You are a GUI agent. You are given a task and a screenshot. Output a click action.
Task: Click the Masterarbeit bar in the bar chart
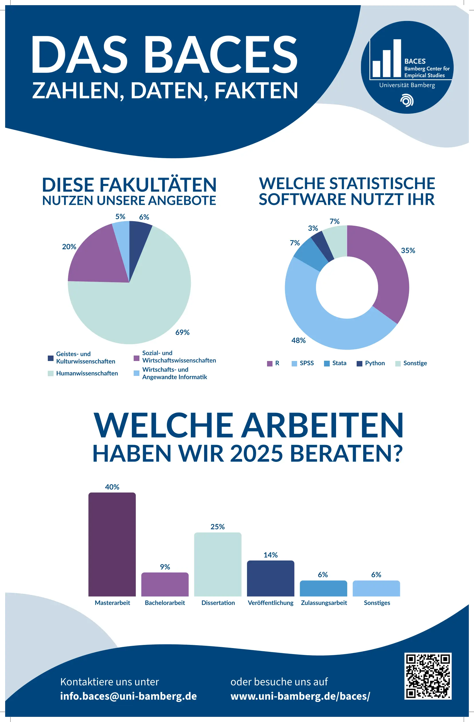(x=112, y=544)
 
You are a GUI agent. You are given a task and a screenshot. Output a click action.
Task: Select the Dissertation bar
(x=218, y=564)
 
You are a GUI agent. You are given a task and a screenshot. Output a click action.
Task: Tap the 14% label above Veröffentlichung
(x=270, y=555)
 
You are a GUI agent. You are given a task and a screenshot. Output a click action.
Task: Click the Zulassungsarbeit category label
(x=324, y=603)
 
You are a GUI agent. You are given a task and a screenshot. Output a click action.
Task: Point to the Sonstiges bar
(x=376, y=588)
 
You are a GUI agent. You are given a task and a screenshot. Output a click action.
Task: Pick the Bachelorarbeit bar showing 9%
(x=165, y=584)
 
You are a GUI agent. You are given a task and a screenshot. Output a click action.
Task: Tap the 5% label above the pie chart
(x=120, y=217)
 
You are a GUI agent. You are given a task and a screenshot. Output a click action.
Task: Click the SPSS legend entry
(x=303, y=363)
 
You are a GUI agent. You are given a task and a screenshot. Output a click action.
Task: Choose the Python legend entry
(x=371, y=363)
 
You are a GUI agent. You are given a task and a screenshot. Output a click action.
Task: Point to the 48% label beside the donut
(x=299, y=340)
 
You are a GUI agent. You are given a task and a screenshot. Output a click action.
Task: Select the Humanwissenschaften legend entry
(x=83, y=373)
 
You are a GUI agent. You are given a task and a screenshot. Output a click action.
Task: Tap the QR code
(x=428, y=676)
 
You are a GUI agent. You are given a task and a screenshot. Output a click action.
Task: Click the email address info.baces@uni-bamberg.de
(x=129, y=696)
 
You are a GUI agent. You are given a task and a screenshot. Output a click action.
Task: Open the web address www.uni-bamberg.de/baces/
(x=300, y=696)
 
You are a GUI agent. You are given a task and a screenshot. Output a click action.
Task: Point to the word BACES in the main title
(x=220, y=55)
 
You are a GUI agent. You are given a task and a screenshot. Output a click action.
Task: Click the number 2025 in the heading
(x=256, y=454)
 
